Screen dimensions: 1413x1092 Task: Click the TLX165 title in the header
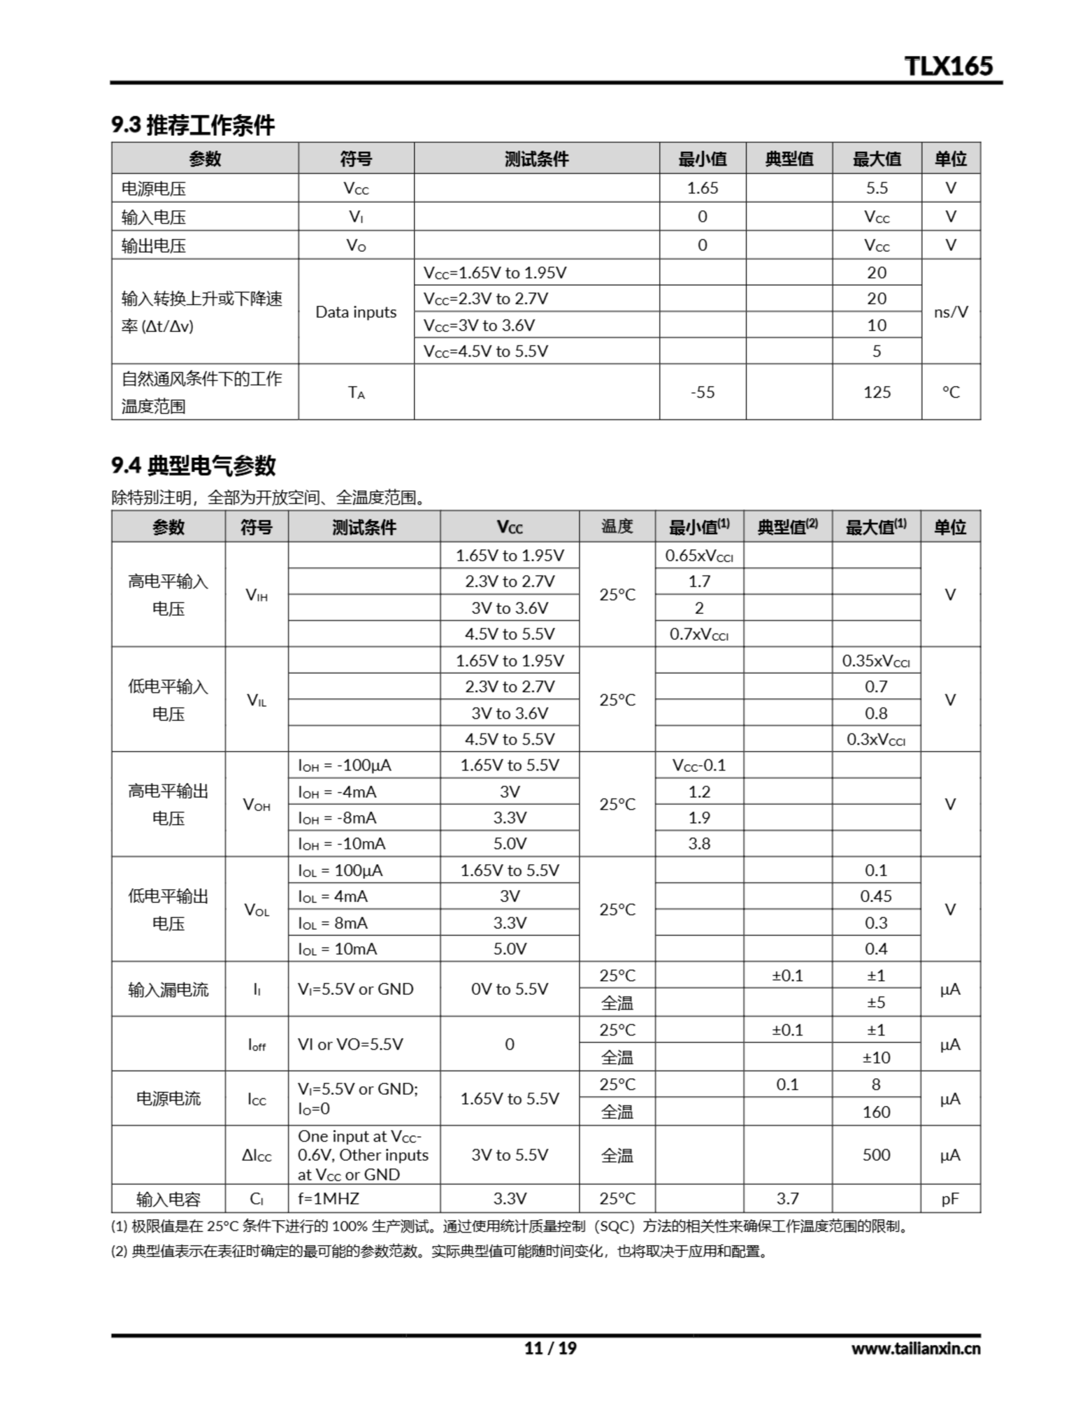[x=948, y=66]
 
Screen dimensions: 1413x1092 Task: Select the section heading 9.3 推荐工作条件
[x=193, y=125]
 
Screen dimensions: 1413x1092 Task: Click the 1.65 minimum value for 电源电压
[x=702, y=188]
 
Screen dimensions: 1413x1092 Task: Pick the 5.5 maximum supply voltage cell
[x=877, y=188]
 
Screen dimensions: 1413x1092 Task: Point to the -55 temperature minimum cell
[x=702, y=392]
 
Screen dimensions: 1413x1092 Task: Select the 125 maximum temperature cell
[x=877, y=392]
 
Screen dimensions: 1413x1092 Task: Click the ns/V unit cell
[x=950, y=312]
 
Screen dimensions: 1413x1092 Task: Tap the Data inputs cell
[x=356, y=312]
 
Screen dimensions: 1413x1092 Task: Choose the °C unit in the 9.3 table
[x=950, y=392]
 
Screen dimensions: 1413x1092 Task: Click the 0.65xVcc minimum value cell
[x=699, y=556]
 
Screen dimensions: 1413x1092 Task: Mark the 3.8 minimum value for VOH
[x=699, y=843]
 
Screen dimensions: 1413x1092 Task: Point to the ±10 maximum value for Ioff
[x=876, y=1057]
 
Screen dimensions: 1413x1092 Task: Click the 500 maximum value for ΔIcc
[x=876, y=1155]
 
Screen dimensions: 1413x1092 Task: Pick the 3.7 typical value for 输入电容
[x=787, y=1199]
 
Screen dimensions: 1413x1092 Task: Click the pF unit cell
[x=950, y=1199]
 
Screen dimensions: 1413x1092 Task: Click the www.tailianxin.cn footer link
[x=915, y=1349]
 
